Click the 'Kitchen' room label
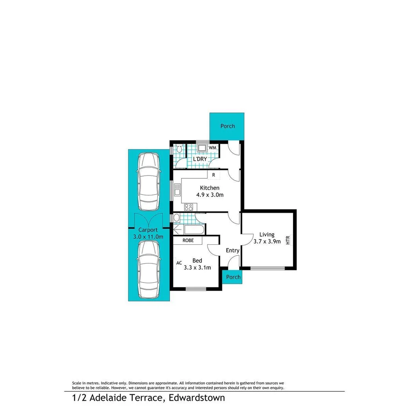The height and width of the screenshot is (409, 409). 209,188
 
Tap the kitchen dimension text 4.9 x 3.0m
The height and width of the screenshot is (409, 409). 209,195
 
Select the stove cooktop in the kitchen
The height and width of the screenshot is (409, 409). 188,207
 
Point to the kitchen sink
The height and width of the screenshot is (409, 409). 177,190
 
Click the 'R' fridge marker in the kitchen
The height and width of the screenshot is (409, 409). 214,175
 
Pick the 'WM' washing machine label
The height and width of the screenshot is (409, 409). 212,147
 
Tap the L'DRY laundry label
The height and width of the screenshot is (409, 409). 200,159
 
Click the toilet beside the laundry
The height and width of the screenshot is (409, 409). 179,150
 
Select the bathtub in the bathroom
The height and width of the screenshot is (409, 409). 189,230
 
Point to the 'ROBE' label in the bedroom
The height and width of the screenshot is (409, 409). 188,240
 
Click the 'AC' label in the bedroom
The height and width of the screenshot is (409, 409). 179,263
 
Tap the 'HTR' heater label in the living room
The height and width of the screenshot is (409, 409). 288,240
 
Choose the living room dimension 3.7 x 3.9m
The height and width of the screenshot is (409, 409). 267,242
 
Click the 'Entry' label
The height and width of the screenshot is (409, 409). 233,250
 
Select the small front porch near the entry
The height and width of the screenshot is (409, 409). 233,277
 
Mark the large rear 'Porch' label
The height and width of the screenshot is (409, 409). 228,126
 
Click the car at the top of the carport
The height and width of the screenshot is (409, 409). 148,181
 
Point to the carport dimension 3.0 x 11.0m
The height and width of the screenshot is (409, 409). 148,237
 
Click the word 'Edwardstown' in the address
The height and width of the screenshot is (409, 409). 197,398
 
